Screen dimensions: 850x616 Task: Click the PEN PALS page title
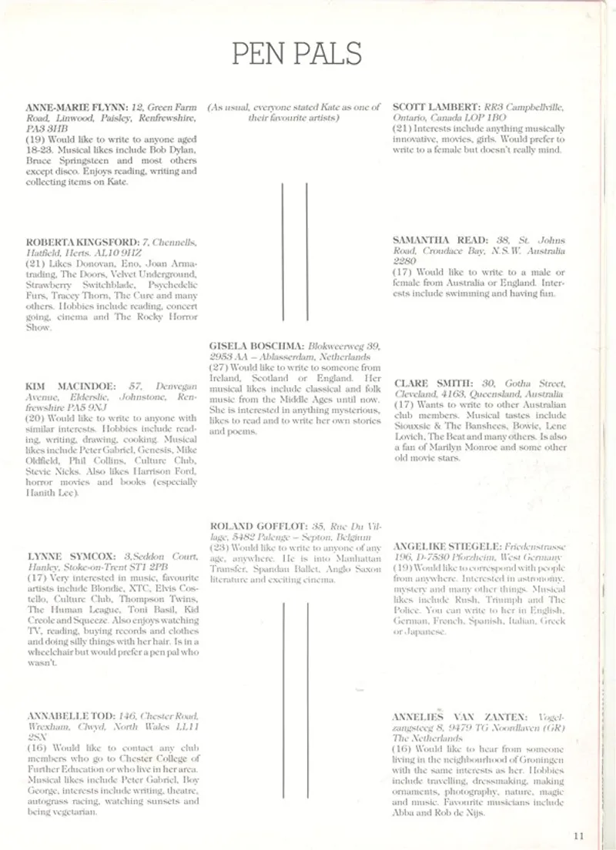tap(296, 53)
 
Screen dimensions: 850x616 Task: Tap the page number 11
tap(579, 831)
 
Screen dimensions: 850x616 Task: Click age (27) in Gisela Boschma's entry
tap(218, 368)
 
